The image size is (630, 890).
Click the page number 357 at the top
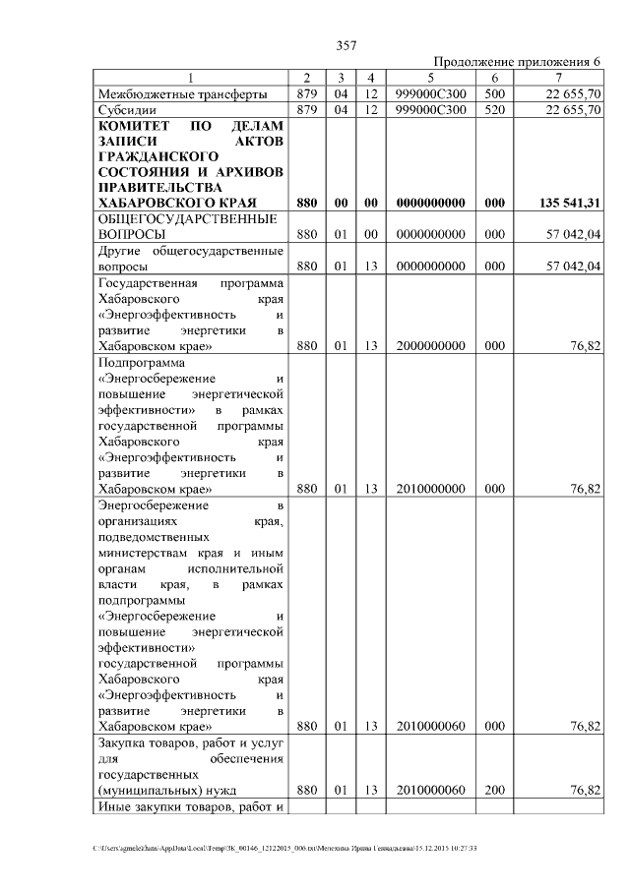[346, 45]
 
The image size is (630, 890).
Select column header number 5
[430, 78]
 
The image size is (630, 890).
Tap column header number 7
[558, 78]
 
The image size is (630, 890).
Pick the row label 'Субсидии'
[126, 110]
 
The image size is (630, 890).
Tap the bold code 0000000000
[430, 204]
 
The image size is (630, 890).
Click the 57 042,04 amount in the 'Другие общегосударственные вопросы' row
[571, 267]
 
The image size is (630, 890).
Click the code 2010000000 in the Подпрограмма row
[430, 489]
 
